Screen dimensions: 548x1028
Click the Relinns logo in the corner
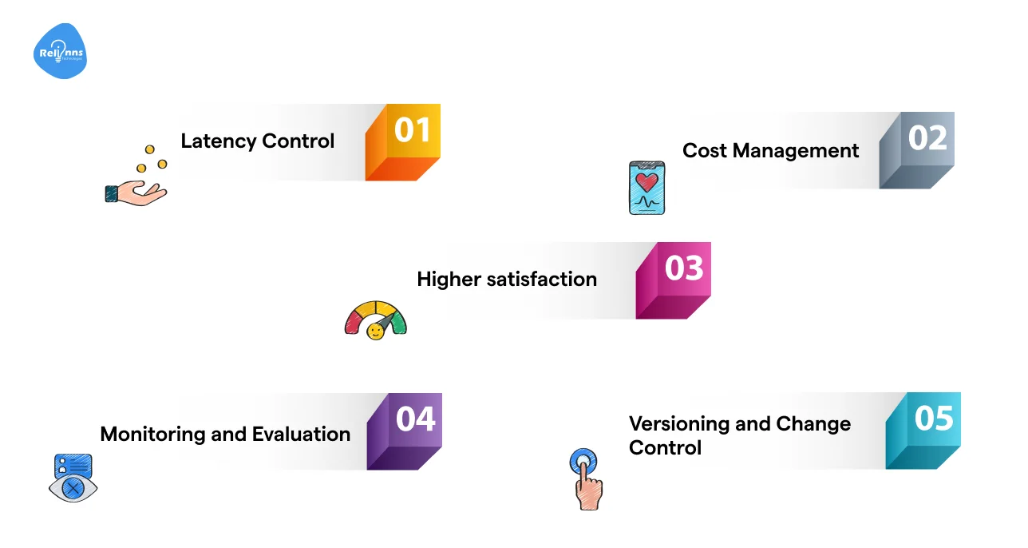[x=60, y=52]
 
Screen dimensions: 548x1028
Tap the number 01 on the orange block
[x=412, y=131]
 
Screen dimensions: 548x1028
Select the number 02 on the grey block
[x=927, y=138]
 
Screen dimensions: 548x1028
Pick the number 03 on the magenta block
[x=683, y=268]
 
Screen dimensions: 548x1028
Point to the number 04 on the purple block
[x=415, y=419]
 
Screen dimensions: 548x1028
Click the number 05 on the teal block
[x=934, y=419]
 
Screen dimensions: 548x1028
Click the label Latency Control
[x=257, y=141]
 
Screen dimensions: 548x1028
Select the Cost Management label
[x=770, y=151]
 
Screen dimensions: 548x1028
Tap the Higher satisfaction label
[x=507, y=280]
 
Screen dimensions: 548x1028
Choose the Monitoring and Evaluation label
[x=225, y=435]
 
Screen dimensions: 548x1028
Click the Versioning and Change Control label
[x=739, y=435]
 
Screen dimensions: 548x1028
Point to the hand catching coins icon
[x=136, y=180]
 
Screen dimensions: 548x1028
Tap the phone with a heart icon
[x=646, y=188]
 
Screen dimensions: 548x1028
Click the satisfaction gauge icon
[x=375, y=320]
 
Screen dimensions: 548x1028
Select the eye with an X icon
[x=73, y=479]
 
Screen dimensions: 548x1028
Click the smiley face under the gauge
[x=374, y=330]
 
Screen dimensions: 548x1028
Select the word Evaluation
[x=301, y=435]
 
